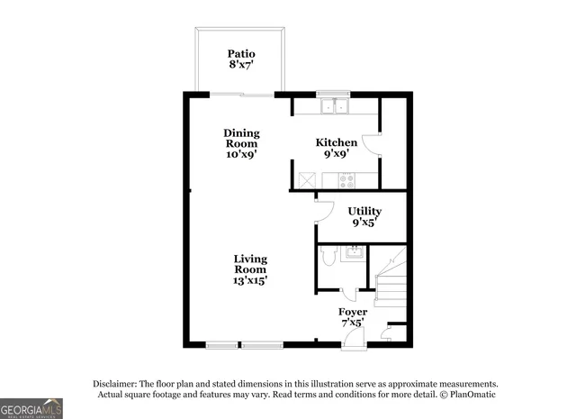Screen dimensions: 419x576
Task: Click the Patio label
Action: tap(241, 59)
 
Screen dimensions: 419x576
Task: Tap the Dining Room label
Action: tap(241, 143)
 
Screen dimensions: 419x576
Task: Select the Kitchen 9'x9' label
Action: tap(336, 148)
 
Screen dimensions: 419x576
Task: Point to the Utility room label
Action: tap(364, 216)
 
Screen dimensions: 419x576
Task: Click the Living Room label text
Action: tap(250, 269)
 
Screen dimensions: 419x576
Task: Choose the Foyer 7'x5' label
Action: tap(352, 317)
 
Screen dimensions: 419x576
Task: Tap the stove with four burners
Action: tap(346, 180)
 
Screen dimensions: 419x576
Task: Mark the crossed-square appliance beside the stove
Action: tap(307, 180)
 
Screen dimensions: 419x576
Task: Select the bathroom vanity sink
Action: tap(355, 251)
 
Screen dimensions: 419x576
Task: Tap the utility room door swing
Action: tap(318, 209)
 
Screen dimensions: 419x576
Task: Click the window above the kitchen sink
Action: tap(333, 93)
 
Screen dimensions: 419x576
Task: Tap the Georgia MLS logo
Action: tap(31, 408)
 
